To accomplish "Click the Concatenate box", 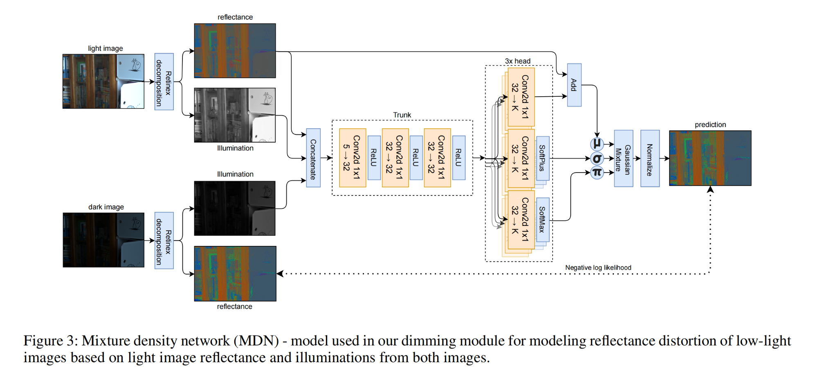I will (x=313, y=158).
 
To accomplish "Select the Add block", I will (x=574, y=85).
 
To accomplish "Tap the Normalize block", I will (x=649, y=159).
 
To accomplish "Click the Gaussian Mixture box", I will (x=623, y=159).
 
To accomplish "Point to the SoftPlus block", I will (x=542, y=159).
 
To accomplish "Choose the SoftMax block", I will (x=542, y=220).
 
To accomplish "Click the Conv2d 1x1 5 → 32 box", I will (x=352, y=158).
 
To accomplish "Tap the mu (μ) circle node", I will (x=597, y=144).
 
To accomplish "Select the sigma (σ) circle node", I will (x=597, y=159).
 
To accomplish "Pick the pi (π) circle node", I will (x=597, y=173).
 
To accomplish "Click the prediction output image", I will (x=710, y=158).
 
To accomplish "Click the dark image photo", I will (x=103, y=240).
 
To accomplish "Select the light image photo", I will (x=103, y=82).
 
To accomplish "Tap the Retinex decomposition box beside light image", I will (x=164, y=82).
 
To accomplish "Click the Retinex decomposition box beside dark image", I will (x=164, y=241).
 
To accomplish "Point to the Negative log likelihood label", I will (x=598, y=268).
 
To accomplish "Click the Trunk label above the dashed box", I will (x=402, y=115).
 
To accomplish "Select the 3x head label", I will (x=517, y=61).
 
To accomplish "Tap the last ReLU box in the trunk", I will (x=458, y=158).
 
